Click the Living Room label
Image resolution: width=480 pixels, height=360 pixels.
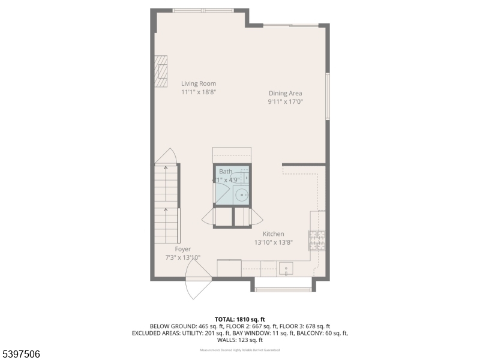pos(199,83)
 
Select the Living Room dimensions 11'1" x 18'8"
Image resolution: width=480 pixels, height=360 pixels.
pos(199,92)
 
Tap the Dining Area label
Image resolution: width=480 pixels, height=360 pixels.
pos(285,93)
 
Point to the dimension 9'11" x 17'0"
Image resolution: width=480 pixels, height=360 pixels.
pos(285,102)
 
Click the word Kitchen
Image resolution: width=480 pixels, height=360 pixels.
pos(273,234)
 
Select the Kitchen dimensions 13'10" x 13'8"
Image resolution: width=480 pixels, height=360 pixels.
pos(273,243)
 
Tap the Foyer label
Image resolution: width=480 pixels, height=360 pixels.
pos(183,248)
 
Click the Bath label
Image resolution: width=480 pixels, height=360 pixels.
pos(226,172)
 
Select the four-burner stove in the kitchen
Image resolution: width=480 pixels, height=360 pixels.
pos(317,240)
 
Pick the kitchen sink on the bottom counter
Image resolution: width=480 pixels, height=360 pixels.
pos(286,268)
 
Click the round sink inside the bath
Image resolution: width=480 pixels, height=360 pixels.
pos(242,194)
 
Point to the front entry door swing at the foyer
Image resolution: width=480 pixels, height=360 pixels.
pos(198,285)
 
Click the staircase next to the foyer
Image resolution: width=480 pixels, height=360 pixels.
pos(167,204)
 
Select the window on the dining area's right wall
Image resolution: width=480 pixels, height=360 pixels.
pos(328,96)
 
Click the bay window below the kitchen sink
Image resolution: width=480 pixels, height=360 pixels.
pos(284,290)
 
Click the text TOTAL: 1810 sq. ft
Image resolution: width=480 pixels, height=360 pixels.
pos(240,319)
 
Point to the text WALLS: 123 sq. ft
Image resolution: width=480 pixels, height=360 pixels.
pos(240,340)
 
